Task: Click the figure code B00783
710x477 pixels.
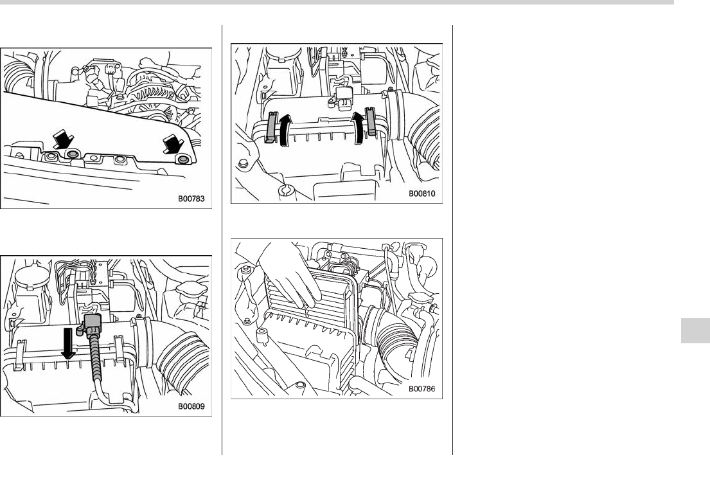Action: point(191,199)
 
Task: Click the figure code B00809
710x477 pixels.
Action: point(191,406)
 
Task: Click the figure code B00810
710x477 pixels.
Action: point(422,194)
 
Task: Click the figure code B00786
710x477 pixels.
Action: point(422,389)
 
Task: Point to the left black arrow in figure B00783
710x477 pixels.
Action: point(63,139)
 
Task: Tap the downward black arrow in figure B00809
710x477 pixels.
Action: point(67,343)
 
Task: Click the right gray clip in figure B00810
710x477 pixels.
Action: point(371,122)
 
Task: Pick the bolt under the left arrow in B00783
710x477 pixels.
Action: point(72,155)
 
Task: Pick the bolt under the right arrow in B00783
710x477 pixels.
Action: point(183,160)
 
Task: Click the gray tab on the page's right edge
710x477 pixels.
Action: point(695,330)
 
